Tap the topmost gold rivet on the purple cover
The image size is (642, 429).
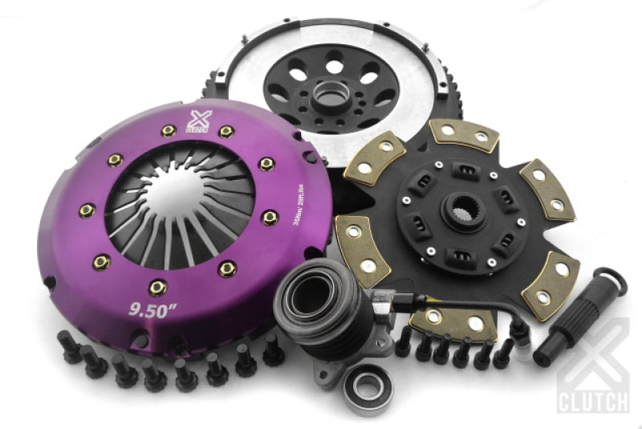[x=227, y=132]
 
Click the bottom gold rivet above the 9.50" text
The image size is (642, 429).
[x=156, y=286]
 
